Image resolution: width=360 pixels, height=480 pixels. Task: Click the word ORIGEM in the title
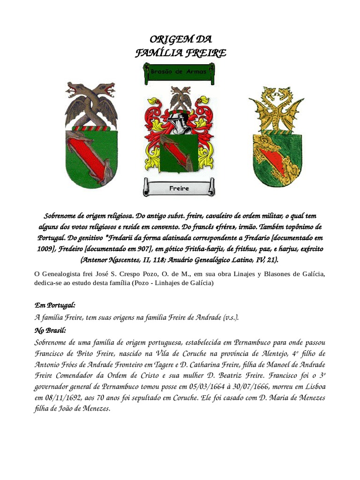[x=164, y=39]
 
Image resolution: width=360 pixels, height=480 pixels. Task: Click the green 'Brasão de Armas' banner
[x=179, y=73]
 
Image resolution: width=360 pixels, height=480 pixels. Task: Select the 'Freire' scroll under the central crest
[x=179, y=188]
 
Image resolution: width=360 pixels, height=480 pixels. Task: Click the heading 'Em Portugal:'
[x=55, y=305]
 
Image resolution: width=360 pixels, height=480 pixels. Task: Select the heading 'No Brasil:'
[x=51, y=330]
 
